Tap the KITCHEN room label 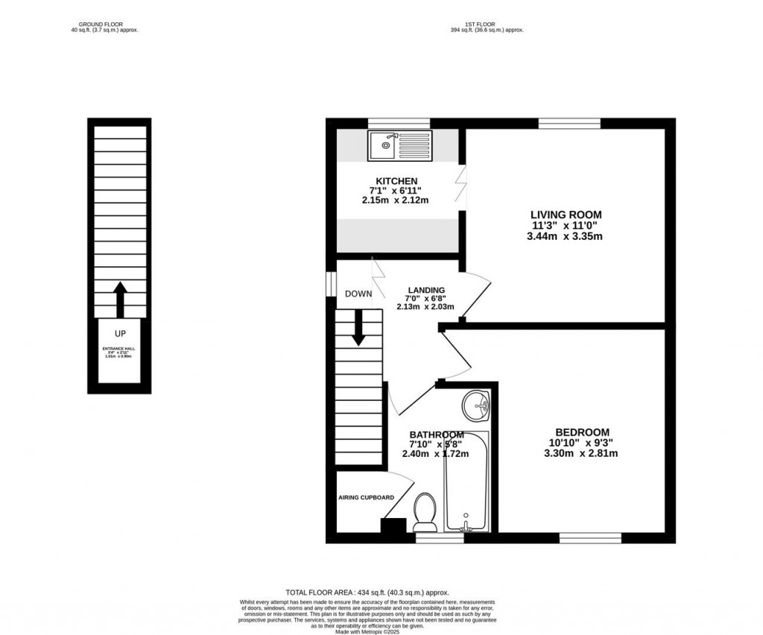click(x=396, y=181)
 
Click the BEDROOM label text click(x=582, y=432)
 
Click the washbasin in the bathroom click(x=475, y=405)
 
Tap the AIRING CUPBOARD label click(x=366, y=497)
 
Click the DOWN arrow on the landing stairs click(x=358, y=327)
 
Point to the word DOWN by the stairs click(x=358, y=294)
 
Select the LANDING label click(x=426, y=291)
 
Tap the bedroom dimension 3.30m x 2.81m click(x=582, y=452)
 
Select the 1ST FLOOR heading click(x=487, y=25)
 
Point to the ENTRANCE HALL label click(x=120, y=348)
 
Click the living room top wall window click(x=569, y=123)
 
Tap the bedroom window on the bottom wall click(x=590, y=537)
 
